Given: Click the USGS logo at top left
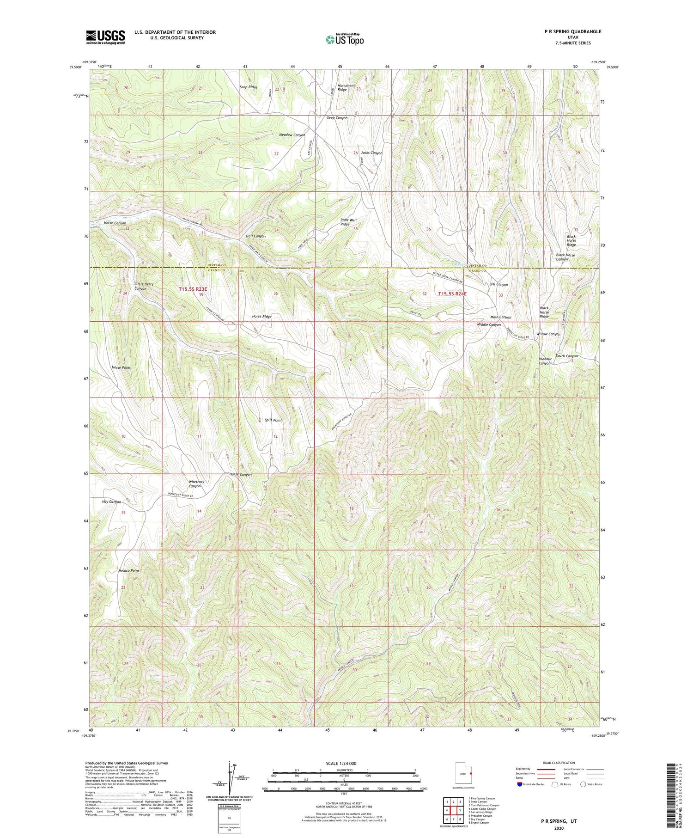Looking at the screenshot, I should pos(105,37).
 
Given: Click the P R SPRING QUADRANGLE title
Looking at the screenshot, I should pos(572,31).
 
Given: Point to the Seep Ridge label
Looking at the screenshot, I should pos(249,87).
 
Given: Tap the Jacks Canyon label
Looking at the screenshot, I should pos(371,153).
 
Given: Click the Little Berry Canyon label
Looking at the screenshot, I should pos(144,286).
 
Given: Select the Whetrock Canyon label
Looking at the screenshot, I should pos(196,484).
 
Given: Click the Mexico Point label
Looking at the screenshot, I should pos(128,571).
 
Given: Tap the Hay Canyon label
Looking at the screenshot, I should pos(111,502).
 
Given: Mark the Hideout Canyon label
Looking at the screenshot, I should pos(545,361).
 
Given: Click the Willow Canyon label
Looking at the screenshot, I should pos(548,334).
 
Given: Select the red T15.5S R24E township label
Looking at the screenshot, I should pos(452,294).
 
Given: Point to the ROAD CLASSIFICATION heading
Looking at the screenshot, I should pos(559,763).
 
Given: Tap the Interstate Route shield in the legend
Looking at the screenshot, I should pos(520,784).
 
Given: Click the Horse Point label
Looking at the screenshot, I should pos(121,367).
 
